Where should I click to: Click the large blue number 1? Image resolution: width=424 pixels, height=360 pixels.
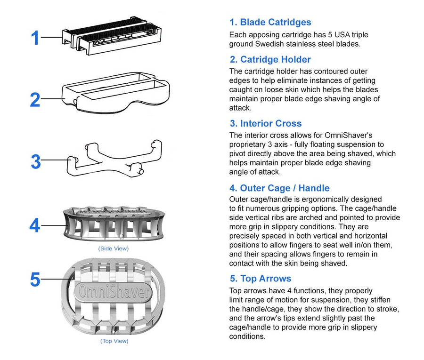[35, 38]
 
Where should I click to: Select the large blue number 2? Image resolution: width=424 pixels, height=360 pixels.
[35, 100]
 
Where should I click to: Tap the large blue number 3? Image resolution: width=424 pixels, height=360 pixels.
[36, 162]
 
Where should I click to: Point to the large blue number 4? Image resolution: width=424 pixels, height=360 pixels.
[35, 225]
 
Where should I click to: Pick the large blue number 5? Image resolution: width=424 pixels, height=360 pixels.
[35, 280]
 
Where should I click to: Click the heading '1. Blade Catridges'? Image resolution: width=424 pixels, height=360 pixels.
[270, 22]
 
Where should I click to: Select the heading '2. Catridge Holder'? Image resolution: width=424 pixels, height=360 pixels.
[270, 59]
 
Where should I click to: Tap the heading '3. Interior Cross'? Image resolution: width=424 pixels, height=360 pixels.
[265, 123]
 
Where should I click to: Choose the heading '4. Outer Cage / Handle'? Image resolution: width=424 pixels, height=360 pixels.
[279, 188]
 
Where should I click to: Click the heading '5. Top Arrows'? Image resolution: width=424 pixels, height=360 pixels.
[260, 278]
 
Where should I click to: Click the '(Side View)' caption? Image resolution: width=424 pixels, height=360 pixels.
[113, 248]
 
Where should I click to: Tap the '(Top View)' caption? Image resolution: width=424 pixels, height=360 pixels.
[114, 341]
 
